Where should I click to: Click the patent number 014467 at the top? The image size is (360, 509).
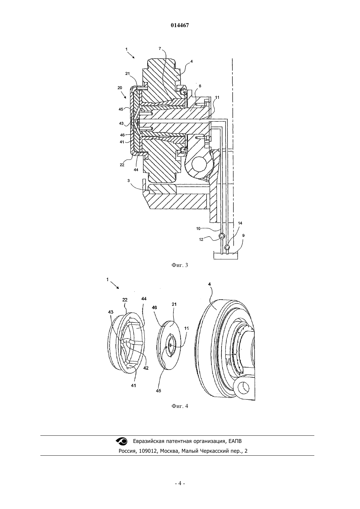tap(180, 26)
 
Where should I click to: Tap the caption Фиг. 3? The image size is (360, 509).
tap(180, 265)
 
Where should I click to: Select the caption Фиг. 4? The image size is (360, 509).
tap(180, 406)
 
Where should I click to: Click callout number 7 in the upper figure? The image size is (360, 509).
tap(160, 48)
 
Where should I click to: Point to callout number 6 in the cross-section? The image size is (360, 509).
tap(200, 86)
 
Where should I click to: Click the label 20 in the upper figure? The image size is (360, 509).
tap(120, 88)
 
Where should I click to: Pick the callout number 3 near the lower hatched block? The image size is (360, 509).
tap(129, 181)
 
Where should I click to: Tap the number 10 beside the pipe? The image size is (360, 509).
tap(198, 228)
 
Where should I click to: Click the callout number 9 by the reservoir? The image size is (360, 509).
tap(243, 236)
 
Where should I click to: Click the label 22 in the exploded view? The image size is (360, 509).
tap(125, 300)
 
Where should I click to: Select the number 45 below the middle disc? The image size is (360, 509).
tap(158, 391)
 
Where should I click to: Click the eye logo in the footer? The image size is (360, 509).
tap(122, 441)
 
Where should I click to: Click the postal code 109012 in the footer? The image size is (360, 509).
tap(148, 451)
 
